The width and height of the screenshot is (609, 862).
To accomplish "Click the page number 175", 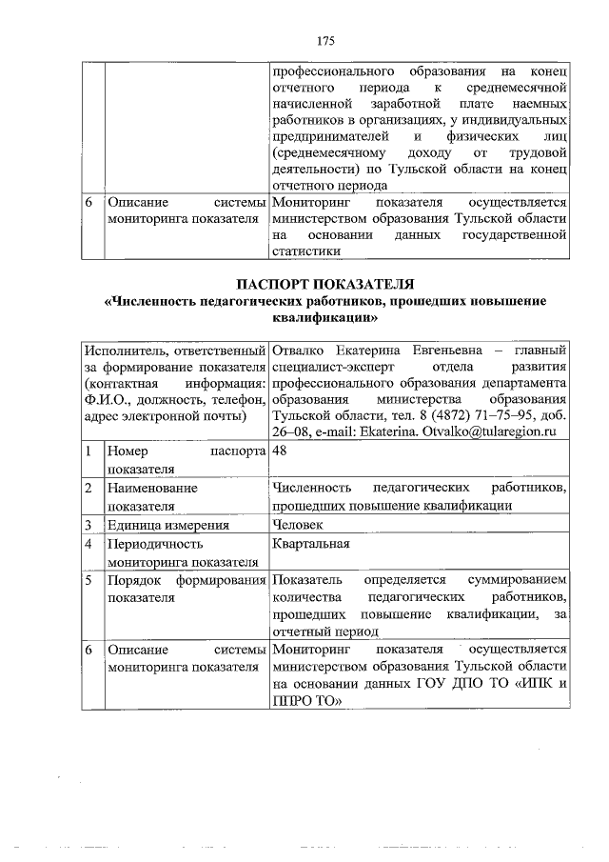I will (324, 40).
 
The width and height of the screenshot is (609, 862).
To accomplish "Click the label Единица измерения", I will (168, 524).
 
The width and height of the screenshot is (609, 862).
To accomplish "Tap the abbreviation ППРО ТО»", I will (305, 702).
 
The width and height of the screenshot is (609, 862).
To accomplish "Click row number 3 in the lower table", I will (88, 524).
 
